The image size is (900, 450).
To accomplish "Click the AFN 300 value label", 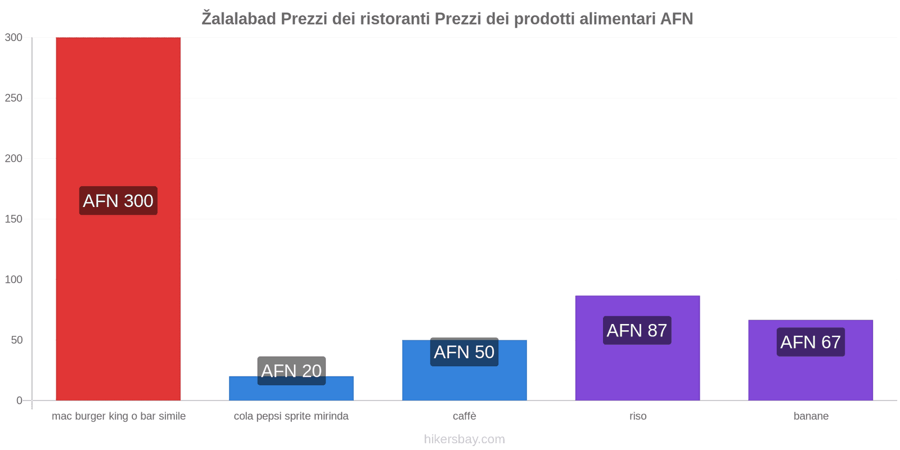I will tap(118, 201).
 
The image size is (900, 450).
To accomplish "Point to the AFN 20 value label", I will tap(291, 371).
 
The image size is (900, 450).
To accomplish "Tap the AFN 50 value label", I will tap(464, 352).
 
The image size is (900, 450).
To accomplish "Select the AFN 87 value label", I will tap(637, 330).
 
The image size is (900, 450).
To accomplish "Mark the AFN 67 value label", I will tap(811, 342).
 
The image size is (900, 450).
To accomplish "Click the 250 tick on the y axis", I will tap(13, 98).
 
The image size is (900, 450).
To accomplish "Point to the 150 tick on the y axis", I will tap(13, 219).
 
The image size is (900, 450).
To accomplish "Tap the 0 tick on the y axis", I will tap(19, 400).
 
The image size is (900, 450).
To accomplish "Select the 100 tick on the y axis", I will tap(13, 280).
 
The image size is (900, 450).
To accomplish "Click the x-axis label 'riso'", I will tap(638, 416).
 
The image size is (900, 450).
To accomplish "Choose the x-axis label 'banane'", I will tap(811, 416).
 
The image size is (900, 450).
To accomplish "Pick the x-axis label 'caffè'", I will tap(465, 416).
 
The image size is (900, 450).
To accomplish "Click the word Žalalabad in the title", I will tap(239, 19).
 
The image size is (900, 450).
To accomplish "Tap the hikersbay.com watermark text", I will tap(464, 439).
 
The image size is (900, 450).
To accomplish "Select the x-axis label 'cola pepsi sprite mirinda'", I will tap(291, 416).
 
